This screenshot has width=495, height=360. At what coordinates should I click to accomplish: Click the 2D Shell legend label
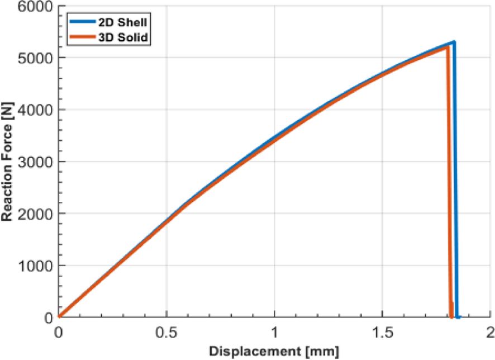pyautogui.click(x=122, y=22)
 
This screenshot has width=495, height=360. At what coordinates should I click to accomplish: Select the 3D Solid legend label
pyautogui.click(x=123, y=37)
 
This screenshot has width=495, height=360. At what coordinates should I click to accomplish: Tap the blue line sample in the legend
pyautogui.click(x=82, y=22)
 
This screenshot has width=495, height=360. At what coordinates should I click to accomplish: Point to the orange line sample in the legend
pyautogui.click(x=82, y=37)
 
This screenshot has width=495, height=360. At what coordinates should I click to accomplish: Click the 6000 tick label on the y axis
pyautogui.click(x=35, y=6)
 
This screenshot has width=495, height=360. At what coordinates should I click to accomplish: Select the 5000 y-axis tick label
pyautogui.click(x=35, y=58)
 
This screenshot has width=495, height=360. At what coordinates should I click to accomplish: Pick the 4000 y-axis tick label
pyautogui.click(x=35, y=110)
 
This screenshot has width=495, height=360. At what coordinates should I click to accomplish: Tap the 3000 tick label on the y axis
pyautogui.click(x=35, y=162)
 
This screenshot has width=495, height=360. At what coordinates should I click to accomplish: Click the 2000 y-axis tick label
pyautogui.click(x=35, y=214)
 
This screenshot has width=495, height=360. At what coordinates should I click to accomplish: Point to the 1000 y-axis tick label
pyautogui.click(x=35, y=266)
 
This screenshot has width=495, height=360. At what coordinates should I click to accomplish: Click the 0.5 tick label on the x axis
pyautogui.click(x=166, y=332)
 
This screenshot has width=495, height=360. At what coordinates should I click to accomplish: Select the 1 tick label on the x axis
pyautogui.click(x=275, y=332)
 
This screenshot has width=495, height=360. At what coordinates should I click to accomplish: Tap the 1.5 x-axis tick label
pyautogui.click(x=382, y=332)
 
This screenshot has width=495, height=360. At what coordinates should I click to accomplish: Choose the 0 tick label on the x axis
pyautogui.click(x=59, y=332)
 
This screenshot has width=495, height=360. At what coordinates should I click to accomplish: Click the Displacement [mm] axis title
pyautogui.click(x=274, y=352)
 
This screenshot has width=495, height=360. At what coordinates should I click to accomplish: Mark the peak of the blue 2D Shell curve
pyautogui.click(x=454, y=41)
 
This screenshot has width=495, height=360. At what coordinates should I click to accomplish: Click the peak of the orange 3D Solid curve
pyautogui.click(x=448, y=46)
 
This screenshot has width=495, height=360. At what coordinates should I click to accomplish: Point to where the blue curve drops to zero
pyautogui.click(x=458, y=317)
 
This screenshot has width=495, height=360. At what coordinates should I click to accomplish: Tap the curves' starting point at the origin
pyautogui.click(x=59, y=317)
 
